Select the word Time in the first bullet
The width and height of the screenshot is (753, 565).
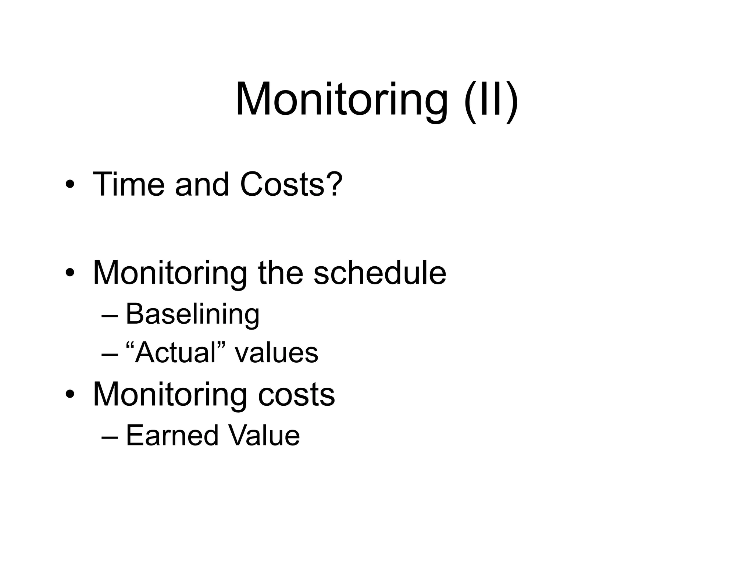[128, 184]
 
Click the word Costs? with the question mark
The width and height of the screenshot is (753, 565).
[291, 184]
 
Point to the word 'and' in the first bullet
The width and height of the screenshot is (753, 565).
[202, 184]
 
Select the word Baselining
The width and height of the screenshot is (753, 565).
[193, 315]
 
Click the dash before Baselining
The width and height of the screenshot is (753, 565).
[110, 316]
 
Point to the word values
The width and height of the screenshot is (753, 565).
[276, 353]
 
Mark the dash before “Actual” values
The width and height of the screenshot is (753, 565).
[110, 354]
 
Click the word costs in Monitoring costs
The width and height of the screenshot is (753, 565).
[296, 394]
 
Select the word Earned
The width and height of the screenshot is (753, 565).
[172, 436]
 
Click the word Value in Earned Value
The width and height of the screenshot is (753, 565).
[264, 436]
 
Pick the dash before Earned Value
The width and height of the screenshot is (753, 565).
[110, 437]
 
